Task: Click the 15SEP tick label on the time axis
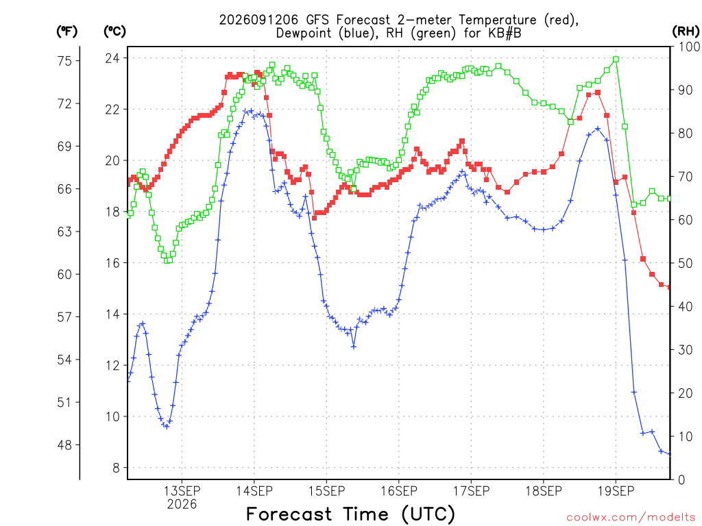coord(326,491)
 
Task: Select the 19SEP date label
coord(616,491)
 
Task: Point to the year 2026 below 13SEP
coord(182,505)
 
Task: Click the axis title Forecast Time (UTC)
coord(350,514)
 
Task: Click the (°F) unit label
coord(66,32)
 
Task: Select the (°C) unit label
coord(114,32)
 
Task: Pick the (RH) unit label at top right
coord(686,32)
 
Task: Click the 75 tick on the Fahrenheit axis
coord(65,61)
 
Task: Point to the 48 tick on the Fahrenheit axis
coord(65,445)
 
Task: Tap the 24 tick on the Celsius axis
coord(113,58)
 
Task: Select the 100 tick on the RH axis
coord(688,47)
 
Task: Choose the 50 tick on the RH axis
coord(685,263)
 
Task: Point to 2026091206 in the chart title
coord(258,20)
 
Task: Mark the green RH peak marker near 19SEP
coord(616,59)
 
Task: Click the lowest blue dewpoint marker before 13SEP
coord(167,427)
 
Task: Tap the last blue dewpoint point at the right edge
coord(670,455)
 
